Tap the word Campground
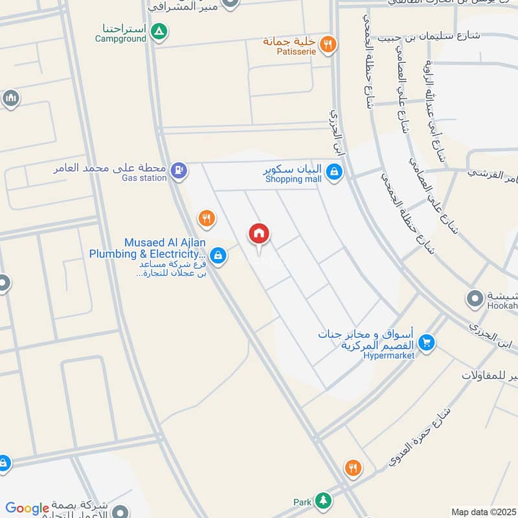[x=121, y=38]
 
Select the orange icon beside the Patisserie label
[x=329, y=43]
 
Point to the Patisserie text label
[x=287, y=51]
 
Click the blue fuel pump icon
[x=180, y=170]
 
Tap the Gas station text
[x=144, y=178]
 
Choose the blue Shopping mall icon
[x=334, y=172]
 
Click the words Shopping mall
[x=293, y=179]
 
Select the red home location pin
[x=259, y=236]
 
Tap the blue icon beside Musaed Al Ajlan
[x=219, y=255]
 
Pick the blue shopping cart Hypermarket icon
[x=426, y=342]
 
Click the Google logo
[x=27, y=508]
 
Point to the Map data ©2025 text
[x=482, y=512]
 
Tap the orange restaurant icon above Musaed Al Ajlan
[x=207, y=218]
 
